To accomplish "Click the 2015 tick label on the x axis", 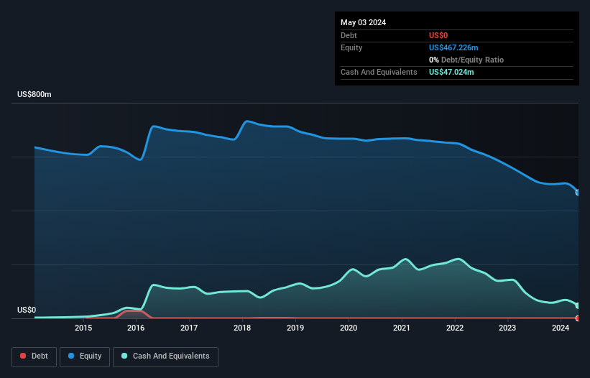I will tap(83, 328).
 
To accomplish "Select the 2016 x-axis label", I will tap(136, 328).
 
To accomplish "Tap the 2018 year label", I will tap(242, 328).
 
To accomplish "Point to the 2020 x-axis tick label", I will tap(349, 328).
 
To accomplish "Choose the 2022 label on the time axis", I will tap(454, 328).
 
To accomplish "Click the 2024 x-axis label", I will tap(561, 328).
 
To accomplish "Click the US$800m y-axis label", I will tap(34, 95).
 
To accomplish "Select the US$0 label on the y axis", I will tap(27, 310).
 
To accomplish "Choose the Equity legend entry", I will tap(86, 356).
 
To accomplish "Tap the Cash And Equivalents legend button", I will tap(165, 356).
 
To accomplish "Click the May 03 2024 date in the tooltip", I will tap(363, 22).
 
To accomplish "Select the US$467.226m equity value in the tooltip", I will tap(453, 47).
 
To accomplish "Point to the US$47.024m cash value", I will tap(451, 73).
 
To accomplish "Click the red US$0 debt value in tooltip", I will tap(439, 35).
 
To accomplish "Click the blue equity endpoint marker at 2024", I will tap(578, 192).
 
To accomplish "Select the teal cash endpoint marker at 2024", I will tap(578, 306).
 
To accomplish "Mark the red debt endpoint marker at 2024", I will tap(578, 318).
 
